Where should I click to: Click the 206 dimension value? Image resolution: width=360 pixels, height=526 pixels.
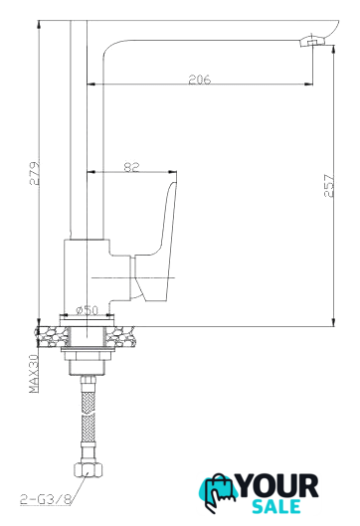(x=199, y=80)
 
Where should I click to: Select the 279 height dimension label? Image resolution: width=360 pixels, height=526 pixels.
(x=35, y=173)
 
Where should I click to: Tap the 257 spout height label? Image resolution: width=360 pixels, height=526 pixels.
(x=329, y=185)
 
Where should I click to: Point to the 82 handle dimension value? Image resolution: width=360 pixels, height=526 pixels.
(x=131, y=167)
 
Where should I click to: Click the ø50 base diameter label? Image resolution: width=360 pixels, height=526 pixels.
(x=87, y=310)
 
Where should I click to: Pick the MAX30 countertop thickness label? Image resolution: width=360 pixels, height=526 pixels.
(x=34, y=373)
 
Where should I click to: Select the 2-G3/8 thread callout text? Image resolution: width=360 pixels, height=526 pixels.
(x=46, y=500)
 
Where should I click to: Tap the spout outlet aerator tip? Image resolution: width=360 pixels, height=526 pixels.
(x=311, y=42)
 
